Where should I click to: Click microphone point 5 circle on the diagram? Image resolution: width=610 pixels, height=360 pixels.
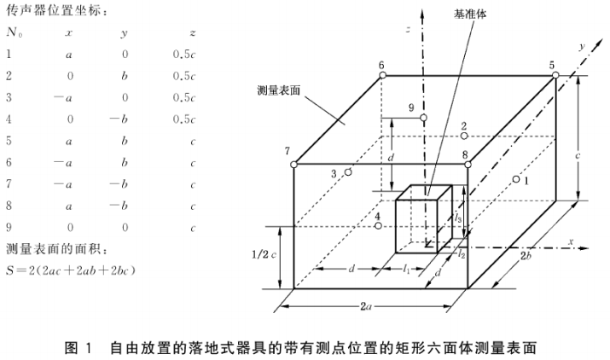click(x=555, y=76)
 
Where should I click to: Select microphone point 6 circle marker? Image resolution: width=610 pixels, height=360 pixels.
click(x=381, y=76)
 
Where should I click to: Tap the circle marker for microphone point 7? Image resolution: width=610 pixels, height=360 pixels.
click(x=293, y=165)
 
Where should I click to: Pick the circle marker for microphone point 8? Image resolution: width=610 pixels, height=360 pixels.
click(x=467, y=165)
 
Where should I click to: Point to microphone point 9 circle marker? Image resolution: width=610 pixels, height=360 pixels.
click(x=423, y=118)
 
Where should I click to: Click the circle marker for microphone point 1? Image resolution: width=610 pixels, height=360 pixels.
click(x=516, y=179)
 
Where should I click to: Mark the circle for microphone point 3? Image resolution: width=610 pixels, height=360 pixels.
click(x=349, y=172)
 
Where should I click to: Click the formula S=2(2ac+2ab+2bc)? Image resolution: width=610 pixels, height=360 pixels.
click(x=73, y=270)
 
